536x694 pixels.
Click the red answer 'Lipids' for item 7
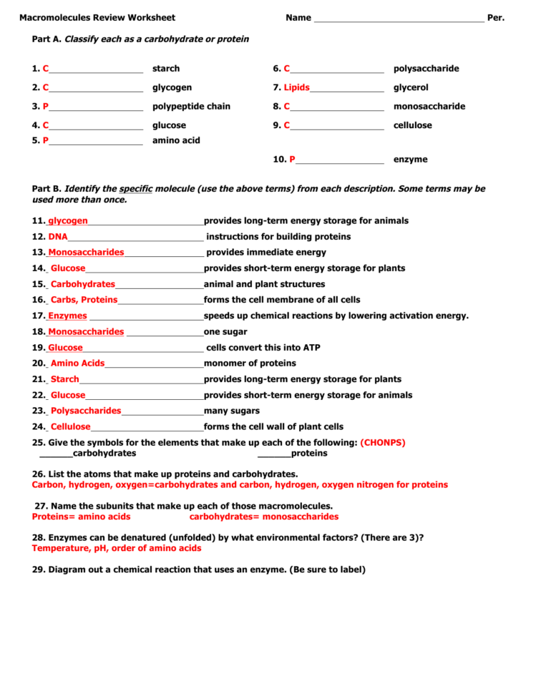(296, 88)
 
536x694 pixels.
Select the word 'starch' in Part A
(166, 69)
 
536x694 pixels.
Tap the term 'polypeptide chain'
(191, 107)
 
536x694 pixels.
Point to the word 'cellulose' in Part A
(412, 125)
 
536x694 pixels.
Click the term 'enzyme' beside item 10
(410, 160)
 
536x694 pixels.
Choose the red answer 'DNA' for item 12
(57, 237)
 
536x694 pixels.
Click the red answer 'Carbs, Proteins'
(84, 300)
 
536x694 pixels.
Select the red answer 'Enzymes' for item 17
(67, 316)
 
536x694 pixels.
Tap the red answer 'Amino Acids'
(77, 363)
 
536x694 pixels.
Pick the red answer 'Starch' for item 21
(64, 379)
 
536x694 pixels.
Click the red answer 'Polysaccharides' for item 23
(86, 411)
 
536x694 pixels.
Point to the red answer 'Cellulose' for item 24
(70, 426)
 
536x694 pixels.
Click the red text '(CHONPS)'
(382, 443)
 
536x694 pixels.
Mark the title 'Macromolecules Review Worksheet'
(97, 18)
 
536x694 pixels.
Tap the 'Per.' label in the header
(496, 18)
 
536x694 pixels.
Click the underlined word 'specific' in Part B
(136, 189)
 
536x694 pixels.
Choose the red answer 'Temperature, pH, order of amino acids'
(117, 548)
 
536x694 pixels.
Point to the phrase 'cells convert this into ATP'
(263, 348)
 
